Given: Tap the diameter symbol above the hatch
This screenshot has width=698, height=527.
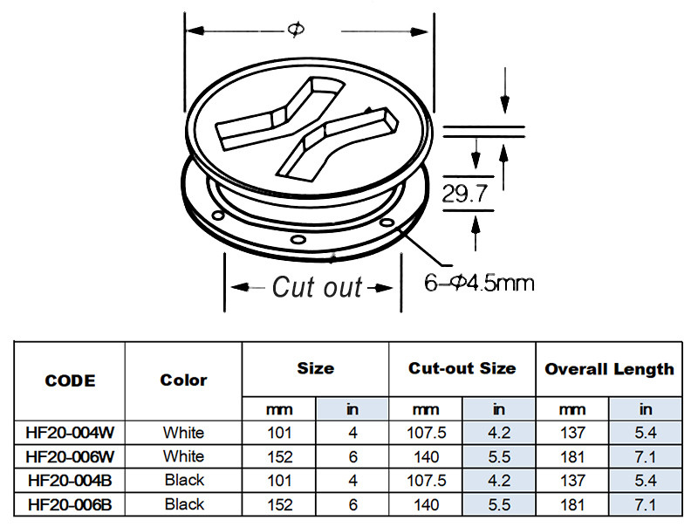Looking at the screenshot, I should tap(296, 30).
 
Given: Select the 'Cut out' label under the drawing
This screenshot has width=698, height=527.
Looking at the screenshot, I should tap(316, 286).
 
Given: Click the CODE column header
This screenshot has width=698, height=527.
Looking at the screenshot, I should tap(70, 380).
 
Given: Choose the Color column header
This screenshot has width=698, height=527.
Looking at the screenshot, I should tap(183, 380).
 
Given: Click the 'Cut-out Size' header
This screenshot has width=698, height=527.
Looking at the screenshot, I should tap(462, 368).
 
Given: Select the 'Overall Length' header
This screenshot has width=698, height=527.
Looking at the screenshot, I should tap(609, 368).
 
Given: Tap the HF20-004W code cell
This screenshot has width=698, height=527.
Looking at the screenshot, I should tap(70, 433).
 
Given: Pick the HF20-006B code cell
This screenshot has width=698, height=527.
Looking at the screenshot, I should tap(70, 504).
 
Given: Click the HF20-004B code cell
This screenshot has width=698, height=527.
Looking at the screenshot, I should tap(70, 480).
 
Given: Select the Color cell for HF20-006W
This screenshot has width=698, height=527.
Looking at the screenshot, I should tap(183, 456).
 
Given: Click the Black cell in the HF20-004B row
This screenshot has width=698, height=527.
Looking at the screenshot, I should tap(183, 480).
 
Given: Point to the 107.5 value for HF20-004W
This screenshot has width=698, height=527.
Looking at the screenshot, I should tap(425, 433).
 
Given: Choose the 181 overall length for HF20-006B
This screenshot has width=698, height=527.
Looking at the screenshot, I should tap(572, 504).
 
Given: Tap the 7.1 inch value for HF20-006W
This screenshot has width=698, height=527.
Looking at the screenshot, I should tap(646, 456).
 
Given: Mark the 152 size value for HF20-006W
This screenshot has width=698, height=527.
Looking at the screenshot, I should tap(279, 456).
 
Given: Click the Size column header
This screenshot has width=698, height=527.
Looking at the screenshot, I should tap(315, 368).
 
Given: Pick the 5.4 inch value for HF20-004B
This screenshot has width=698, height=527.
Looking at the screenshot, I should tap(646, 480).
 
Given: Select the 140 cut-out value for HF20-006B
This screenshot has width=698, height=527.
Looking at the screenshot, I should tap(425, 504).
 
